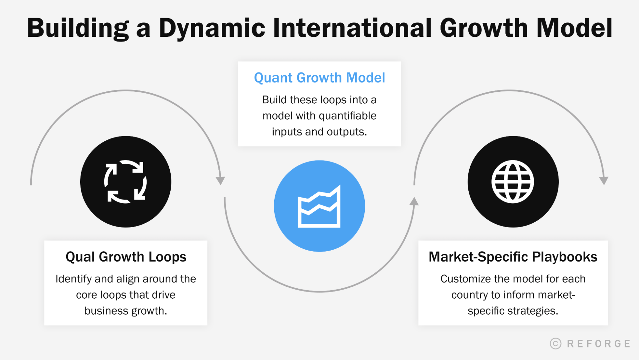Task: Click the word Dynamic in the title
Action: tap(212, 28)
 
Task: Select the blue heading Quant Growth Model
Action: tap(319, 78)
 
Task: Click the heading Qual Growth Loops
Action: tap(126, 257)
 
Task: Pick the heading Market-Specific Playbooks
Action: tap(513, 257)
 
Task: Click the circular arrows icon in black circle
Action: tap(126, 182)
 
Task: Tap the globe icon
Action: tap(513, 182)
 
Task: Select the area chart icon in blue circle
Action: tap(319, 206)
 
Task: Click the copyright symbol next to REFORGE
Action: tap(556, 343)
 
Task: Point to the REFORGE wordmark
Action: tap(598, 343)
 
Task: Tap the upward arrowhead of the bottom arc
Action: tap(414, 201)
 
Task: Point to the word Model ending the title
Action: tap(574, 28)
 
